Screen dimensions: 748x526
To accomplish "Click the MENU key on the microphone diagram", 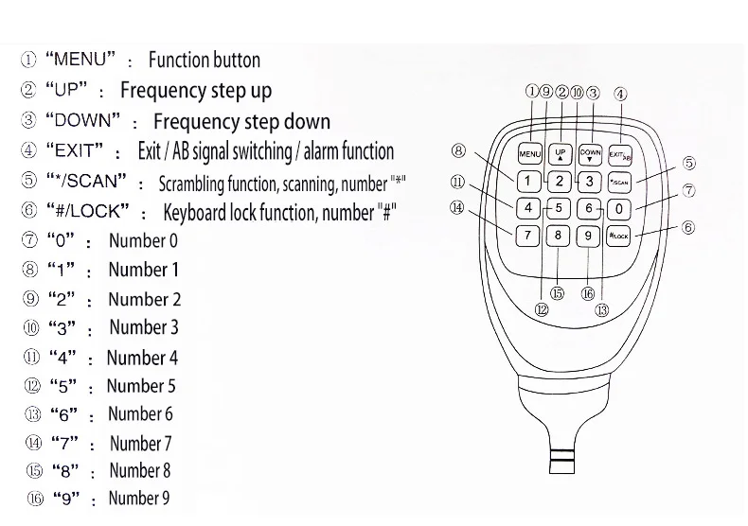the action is click(529, 153).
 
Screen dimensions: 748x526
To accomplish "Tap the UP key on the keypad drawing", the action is click(561, 153).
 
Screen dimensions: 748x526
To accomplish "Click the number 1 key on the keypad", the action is click(529, 181).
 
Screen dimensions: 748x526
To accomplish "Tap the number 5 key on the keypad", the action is click(559, 208).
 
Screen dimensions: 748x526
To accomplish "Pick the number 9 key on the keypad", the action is click(589, 236).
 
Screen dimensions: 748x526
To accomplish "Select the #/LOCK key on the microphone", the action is click(618, 236).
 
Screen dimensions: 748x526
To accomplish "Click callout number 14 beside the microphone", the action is click(458, 208).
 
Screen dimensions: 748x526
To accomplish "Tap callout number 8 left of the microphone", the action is click(458, 149).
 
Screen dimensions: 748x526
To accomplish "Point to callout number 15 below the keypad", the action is click(557, 293).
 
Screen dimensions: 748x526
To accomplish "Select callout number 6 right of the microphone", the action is click(689, 227).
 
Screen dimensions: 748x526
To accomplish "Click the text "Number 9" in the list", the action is click(139, 498).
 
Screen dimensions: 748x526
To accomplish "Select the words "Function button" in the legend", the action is click(204, 61).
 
